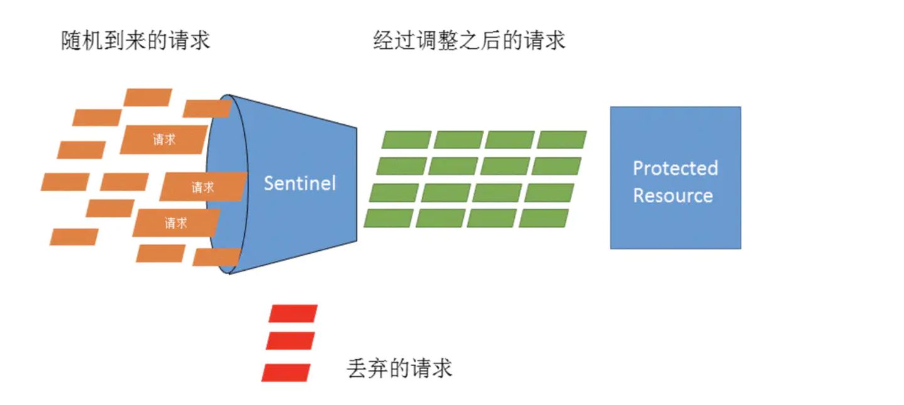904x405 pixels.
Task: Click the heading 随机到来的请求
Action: [136, 40]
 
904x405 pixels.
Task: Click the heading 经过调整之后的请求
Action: [469, 40]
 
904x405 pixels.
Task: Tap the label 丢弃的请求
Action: [399, 368]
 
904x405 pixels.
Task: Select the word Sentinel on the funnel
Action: [299, 183]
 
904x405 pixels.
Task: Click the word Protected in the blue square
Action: [675, 169]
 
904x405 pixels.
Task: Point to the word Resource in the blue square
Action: [673, 196]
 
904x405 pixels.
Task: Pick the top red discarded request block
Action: [293, 313]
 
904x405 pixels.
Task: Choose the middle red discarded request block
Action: [290, 341]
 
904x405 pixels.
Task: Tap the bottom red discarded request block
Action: [286, 372]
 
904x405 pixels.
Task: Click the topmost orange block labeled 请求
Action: [164, 139]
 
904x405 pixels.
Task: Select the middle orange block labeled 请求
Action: [203, 187]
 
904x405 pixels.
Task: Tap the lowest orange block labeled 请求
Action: [176, 223]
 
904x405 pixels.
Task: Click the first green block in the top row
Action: [406, 140]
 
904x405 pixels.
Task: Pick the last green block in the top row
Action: [562, 140]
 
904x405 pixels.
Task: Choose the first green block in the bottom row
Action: [389, 218]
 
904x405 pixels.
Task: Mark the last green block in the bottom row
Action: [544, 218]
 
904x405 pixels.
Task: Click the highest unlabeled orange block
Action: [148, 98]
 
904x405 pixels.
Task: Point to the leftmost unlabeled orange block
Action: [65, 182]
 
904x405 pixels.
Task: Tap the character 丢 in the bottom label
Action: [357, 368]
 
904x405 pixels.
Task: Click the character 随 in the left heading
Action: [72, 40]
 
